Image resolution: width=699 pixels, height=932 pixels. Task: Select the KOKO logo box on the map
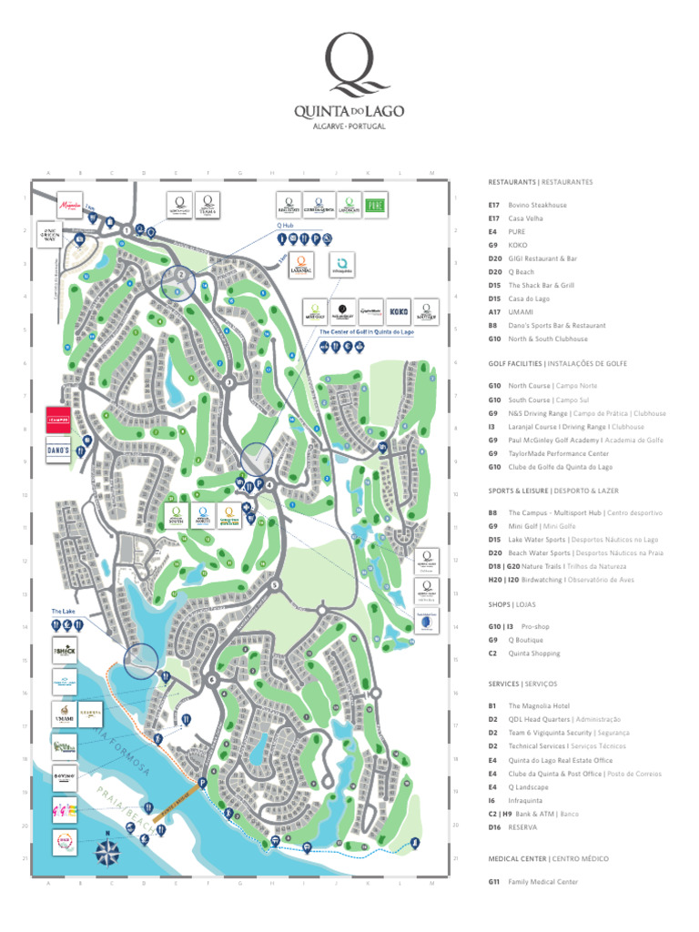(399, 312)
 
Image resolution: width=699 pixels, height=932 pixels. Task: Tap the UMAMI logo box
(65, 714)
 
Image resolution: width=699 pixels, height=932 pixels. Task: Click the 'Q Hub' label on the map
(285, 224)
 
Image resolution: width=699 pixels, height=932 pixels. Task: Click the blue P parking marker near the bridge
(202, 782)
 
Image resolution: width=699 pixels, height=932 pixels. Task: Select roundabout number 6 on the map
(210, 679)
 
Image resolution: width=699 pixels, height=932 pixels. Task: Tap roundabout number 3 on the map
(228, 383)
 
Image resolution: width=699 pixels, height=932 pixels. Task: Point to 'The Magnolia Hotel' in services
(539, 705)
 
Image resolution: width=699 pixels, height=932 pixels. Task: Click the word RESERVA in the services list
(522, 827)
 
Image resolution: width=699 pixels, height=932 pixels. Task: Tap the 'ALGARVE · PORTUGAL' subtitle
(349, 126)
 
